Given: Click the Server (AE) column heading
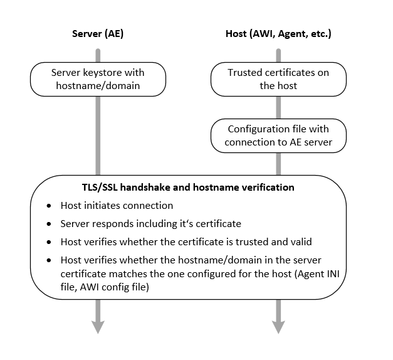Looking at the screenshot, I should click(x=98, y=33).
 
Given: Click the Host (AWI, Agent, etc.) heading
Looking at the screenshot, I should click(x=278, y=33).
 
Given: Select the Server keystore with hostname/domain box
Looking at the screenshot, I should click(x=98, y=80).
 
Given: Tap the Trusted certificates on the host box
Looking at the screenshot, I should click(x=278, y=80).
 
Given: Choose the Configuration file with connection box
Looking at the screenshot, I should click(x=278, y=135).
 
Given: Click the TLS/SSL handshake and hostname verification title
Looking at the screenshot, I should click(x=188, y=188).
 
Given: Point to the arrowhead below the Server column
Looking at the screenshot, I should click(x=98, y=326).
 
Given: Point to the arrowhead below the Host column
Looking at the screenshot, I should click(x=278, y=326).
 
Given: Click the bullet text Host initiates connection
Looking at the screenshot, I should click(x=117, y=205).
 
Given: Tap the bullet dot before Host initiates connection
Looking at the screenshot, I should click(x=50, y=206).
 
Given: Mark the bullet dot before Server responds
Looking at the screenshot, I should click(x=50, y=224).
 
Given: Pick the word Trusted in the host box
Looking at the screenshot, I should click(x=245, y=73).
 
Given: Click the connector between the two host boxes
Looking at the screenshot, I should click(x=278, y=107).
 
